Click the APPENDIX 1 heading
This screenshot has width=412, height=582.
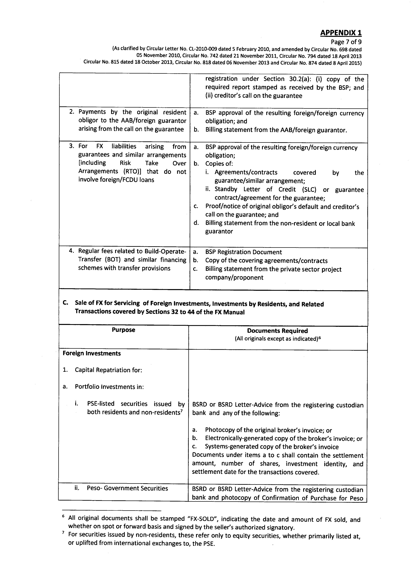click(x=341, y=33)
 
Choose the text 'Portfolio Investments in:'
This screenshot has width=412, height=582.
click(x=109, y=387)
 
